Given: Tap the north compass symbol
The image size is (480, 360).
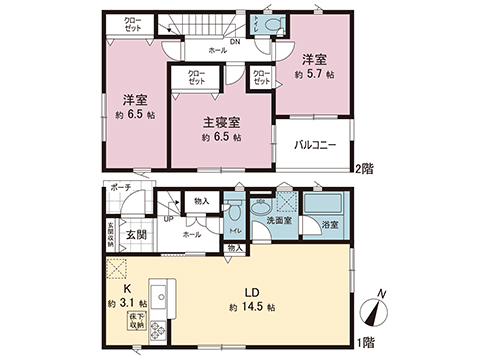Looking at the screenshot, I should (x=374, y=312).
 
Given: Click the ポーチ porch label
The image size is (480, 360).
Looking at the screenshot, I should (x=121, y=187).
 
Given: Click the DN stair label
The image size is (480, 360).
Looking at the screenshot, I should (x=233, y=42).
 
